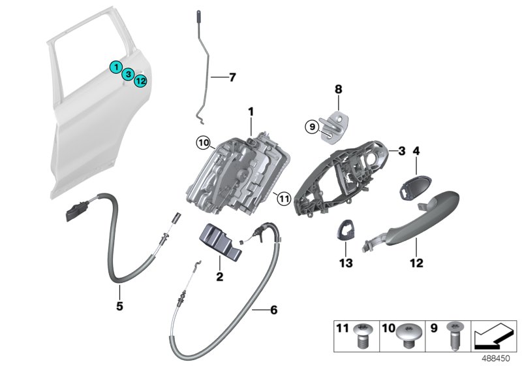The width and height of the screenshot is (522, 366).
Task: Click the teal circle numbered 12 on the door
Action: pyautogui.click(x=140, y=80)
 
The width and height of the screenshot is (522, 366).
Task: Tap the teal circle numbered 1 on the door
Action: pyautogui.click(x=115, y=66)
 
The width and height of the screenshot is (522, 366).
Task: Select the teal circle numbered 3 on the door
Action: pyautogui.click(x=129, y=74)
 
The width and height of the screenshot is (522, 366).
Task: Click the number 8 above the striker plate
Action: pyautogui.click(x=338, y=87)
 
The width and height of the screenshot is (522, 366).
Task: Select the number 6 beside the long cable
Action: pyautogui.click(x=273, y=309)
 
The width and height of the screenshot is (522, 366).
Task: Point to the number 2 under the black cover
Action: pyautogui.click(x=220, y=276)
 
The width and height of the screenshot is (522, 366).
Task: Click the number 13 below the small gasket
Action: pyautogui.click(x=345, y=263)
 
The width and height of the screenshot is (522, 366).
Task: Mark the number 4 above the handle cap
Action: pyautogui.click(x=416, y=152)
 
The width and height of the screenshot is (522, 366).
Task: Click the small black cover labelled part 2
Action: pyautogui.click(x=219, y=242)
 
